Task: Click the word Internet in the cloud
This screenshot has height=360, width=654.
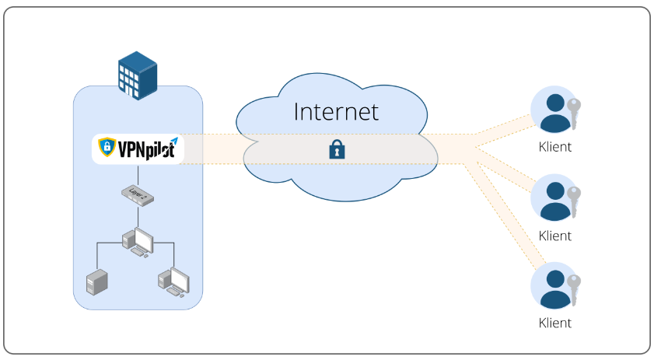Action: (x=336, y=112)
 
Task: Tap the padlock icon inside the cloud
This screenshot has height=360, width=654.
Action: (x=337, y=149)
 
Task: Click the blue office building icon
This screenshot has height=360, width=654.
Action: (x=138, y=75)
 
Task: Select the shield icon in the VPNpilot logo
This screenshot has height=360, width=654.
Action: (x=107, y=147)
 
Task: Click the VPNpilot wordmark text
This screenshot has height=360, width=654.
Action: (x=146, y=149)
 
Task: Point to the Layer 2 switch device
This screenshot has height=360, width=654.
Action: (x=138, y=195)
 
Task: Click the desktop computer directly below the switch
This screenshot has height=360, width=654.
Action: (x=138, y=243)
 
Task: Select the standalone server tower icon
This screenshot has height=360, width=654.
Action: (x=96, y=282)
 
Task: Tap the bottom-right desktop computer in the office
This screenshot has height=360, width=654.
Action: (x=174, y=282)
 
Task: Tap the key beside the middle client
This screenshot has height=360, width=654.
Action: (x=574, y=201)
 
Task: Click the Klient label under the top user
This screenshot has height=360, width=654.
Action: (x=554, y=147)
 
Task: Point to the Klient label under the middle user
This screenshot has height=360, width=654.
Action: (x=554, y=236)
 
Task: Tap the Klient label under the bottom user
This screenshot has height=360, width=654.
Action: (x=554, y=323)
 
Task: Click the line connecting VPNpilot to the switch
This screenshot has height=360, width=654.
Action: (x=138, y=175)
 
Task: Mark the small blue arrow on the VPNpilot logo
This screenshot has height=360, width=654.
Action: (x=174, y=142)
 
